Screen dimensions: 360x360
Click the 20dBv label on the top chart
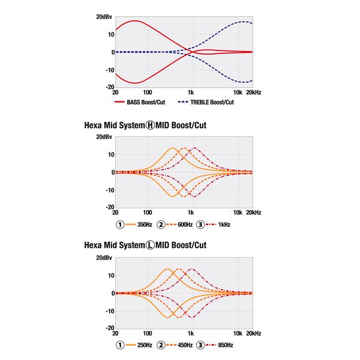click(x=103, y=17)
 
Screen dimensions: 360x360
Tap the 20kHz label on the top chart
click(x=253, y=93)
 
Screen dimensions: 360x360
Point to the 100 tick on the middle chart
click(x=147, y=212)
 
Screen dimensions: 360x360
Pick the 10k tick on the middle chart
click(x=237, y=212)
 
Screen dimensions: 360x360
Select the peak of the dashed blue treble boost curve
click(x=243, y=22)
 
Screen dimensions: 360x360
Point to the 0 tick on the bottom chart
click(x=109, y=293)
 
